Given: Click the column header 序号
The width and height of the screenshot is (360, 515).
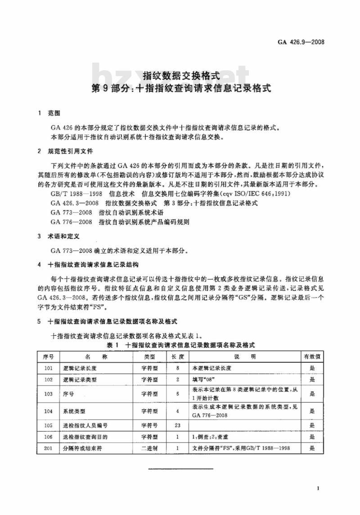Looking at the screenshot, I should (x=48, y=357).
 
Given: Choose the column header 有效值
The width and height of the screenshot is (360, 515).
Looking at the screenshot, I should (x=312, y=357).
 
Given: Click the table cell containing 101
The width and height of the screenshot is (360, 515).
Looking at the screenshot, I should (x=48, y=368).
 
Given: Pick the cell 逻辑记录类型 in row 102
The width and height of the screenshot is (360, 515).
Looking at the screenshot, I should (x=81, y=379).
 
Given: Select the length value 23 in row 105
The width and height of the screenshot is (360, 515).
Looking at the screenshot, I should (x=177, y=425).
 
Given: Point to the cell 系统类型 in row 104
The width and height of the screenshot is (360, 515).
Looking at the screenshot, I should (x=75, y=411).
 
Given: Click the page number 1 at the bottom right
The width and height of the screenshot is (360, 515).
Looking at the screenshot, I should (x=318, y=489).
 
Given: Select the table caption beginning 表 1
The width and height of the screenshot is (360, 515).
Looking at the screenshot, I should (x=180, y=345).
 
